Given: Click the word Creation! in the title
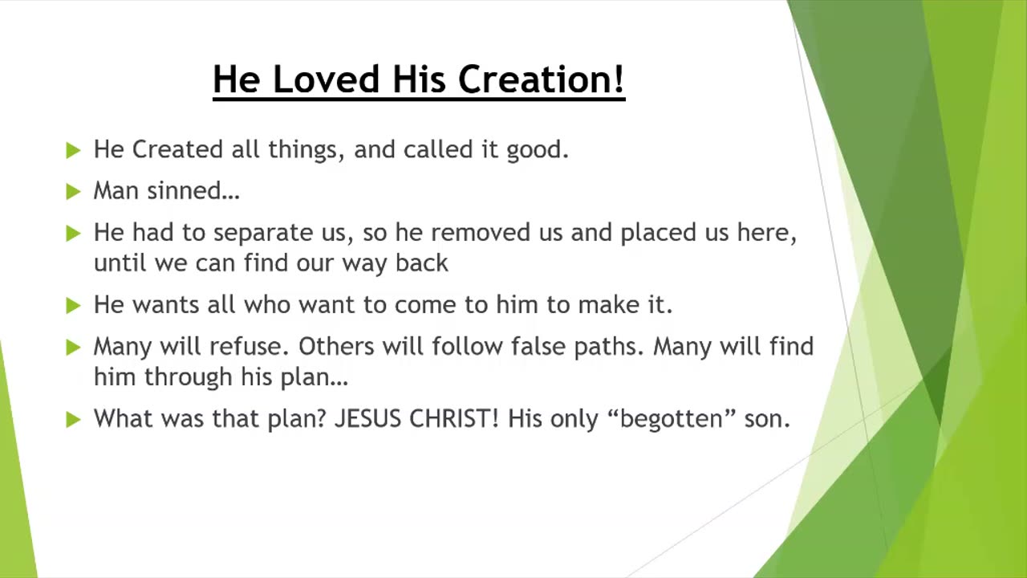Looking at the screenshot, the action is [x=542, y=79].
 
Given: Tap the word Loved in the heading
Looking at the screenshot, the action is [x=327, y=79].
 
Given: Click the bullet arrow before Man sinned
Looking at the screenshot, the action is [x=73, y=191].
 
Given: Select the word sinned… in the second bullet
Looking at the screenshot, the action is [x=193, y=190].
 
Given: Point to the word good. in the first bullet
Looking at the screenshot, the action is [x=538, y=150].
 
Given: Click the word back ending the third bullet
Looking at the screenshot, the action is [x=422, y=263].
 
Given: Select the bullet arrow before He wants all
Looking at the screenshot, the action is [x=73, y=306].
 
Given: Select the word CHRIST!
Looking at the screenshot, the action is [x=454, y=418].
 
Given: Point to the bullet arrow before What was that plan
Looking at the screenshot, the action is [x=73, y=419].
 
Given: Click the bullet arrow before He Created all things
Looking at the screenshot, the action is [x=73, y=150].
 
